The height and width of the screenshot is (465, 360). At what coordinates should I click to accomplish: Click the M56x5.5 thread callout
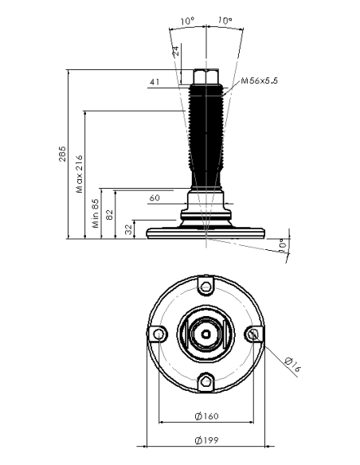259,80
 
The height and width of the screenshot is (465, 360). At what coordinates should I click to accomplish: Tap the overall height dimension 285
62,154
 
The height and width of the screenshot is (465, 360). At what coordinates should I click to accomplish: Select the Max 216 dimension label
80,174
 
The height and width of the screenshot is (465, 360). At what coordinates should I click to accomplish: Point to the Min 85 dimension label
96,213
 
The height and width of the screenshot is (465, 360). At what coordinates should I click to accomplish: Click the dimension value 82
109,214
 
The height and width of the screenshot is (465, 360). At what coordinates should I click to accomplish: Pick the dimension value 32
128,229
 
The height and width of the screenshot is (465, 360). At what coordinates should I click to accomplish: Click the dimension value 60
155,197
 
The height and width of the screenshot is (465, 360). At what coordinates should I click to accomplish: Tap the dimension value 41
155,81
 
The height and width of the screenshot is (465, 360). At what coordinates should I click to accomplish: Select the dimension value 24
176,51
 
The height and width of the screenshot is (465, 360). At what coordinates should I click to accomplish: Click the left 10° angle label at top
187,21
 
